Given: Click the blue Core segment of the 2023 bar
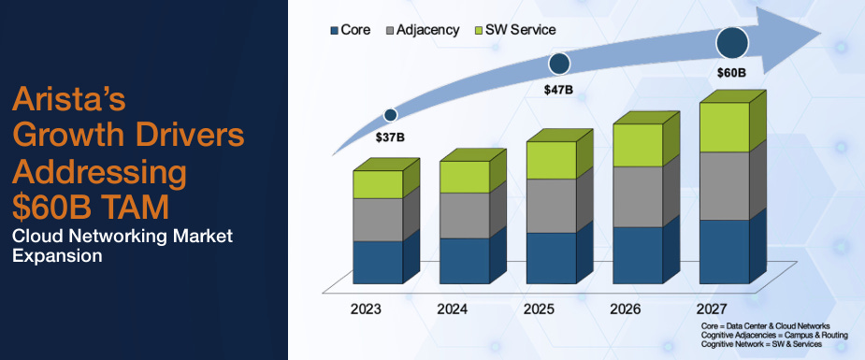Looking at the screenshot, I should (x=378, y=262).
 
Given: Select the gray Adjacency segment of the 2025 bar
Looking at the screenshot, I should (x=552, y=206).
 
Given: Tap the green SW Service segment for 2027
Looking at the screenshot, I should (x=725, y=127).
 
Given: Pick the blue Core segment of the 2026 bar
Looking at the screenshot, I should (x=638, y=254).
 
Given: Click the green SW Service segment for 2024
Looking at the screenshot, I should (x=465, y=177).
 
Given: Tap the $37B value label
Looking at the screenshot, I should (x=390, y=137).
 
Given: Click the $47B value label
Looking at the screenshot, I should (x=559, y=90).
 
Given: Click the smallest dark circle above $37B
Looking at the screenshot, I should (x=391, y=115).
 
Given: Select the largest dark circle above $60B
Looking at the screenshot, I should (x=733, y=43).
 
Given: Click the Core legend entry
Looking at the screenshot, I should (x=351, y=30).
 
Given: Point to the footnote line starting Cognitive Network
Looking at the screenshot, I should (x=762, y=345).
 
